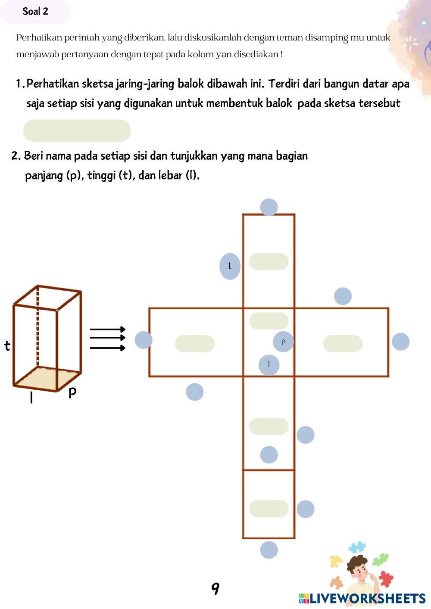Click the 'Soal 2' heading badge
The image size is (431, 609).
click(35, 12)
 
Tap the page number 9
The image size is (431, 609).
click(215, 588)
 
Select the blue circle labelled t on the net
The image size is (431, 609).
click(230, 266)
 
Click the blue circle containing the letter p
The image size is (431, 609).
click(283, 342)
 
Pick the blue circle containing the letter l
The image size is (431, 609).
click(269, 365)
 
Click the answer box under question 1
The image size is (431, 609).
click(77, 131)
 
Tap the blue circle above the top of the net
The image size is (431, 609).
click(269, 207)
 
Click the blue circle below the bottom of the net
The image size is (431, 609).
click(269, 550)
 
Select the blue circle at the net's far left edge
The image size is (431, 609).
click(144, 340)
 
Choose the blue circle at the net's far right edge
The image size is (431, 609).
click(400, 342)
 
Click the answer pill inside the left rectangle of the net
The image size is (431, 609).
click(195, 344)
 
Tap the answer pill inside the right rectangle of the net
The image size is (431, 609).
click(343, 344)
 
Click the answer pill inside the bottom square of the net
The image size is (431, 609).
click(269, 509)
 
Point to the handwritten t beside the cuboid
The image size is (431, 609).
click(7, 345)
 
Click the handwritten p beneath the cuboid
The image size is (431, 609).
click(72, 392)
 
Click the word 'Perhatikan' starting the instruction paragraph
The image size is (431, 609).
click(36, 37)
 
